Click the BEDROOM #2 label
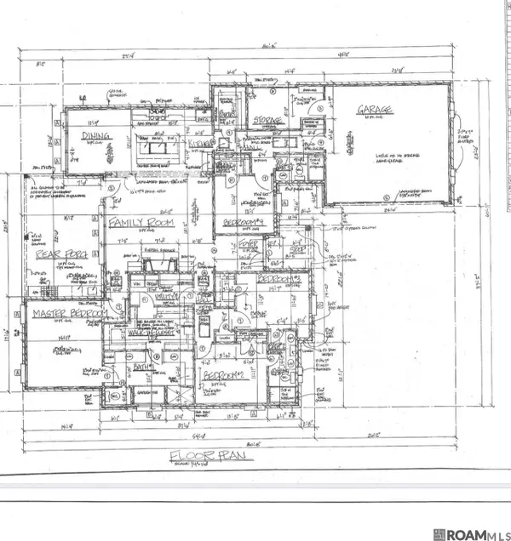tap(224, 373)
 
